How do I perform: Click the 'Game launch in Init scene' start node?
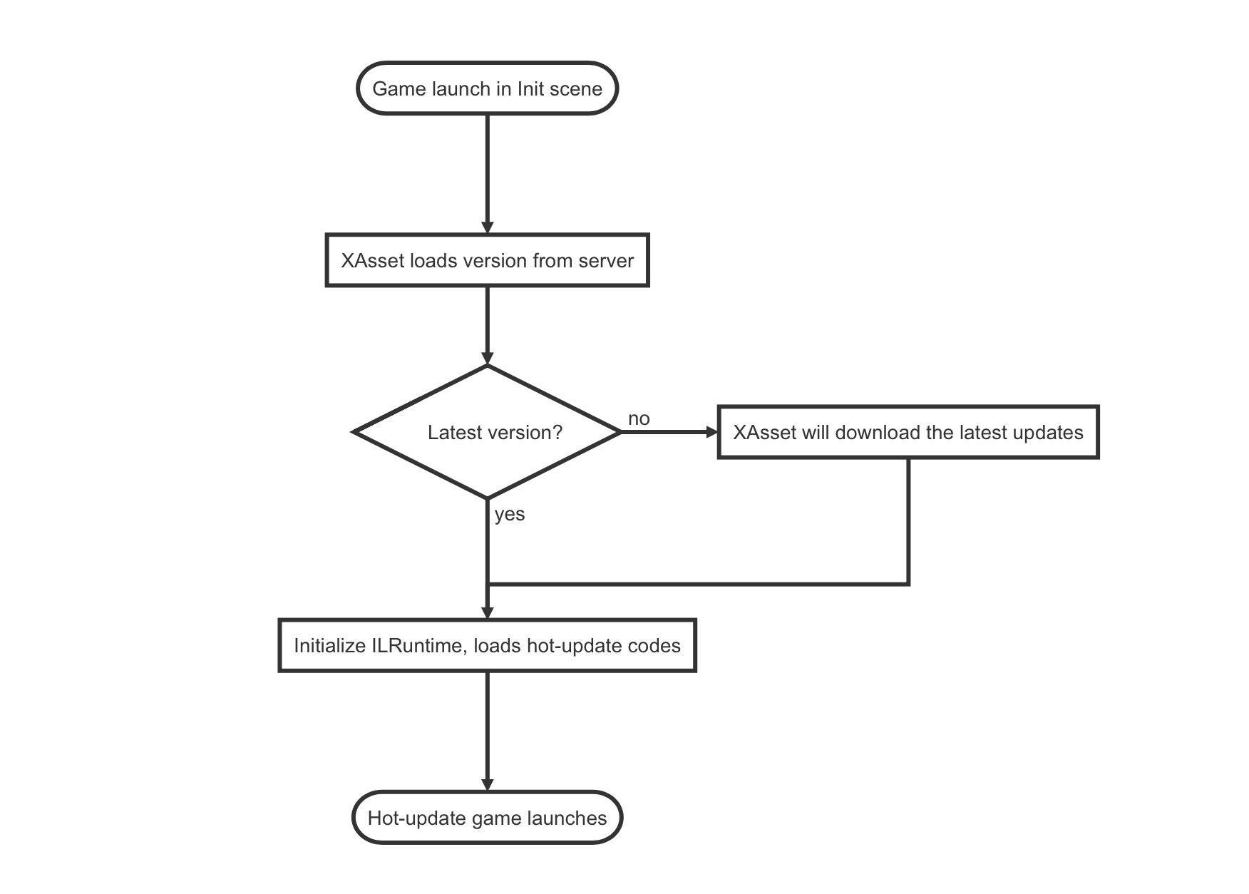[x=487, y=88]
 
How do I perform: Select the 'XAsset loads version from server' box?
[x=487, y=260]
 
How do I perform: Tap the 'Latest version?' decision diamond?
[x=488, y=432]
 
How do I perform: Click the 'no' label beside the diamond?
[x=639, y=418]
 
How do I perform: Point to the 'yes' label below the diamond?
[x=510, y=514]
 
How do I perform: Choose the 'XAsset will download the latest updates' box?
[x=908, y=432]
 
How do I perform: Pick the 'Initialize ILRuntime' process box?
[x=487, y=645]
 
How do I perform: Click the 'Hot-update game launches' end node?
[x=487, y=818]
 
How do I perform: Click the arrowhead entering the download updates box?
[x=711, y=432]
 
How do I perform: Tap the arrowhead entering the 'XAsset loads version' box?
[x=488, y=227]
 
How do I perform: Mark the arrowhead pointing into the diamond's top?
[x=488, y=358]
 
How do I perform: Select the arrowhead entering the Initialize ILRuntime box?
[x=488, y=612]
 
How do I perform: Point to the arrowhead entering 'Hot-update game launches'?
[x=488, y=784]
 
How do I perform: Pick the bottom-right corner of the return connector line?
[x=908, y=584]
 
